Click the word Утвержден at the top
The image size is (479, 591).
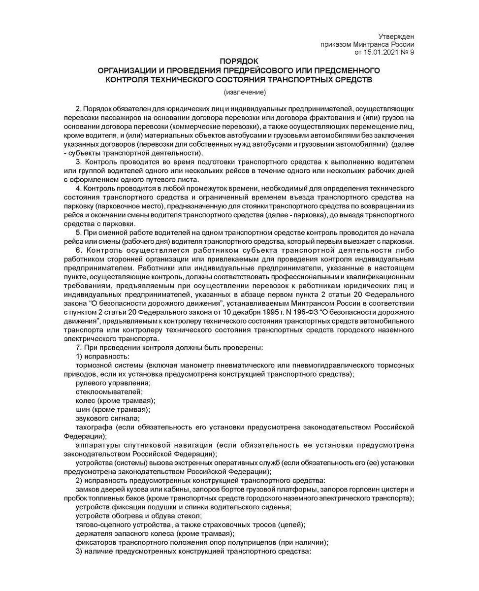[x=397, y=36]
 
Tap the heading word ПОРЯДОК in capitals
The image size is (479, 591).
[x=239, y=62]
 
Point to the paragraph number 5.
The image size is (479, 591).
[x=78, y=233]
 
